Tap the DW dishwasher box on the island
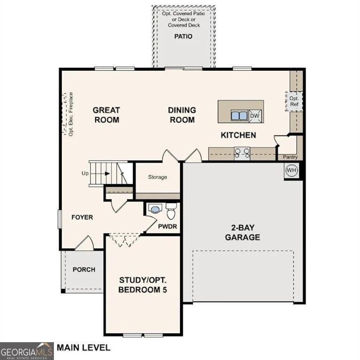(255, 116)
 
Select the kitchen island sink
(239, 116)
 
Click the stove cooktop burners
(242, 153)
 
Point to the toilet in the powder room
(171, 211)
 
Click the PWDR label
(167, 226)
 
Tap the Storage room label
(157, 177)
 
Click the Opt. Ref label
(294, 101)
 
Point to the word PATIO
(183, 37)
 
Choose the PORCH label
(84, 270)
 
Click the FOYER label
(82, 217)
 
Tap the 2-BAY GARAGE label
(242, 232)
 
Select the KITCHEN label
(239, 135)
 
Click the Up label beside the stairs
(85, 173)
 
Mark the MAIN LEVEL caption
(84, 348)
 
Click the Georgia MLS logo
(27, 351)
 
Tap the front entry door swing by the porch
(84, 243)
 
